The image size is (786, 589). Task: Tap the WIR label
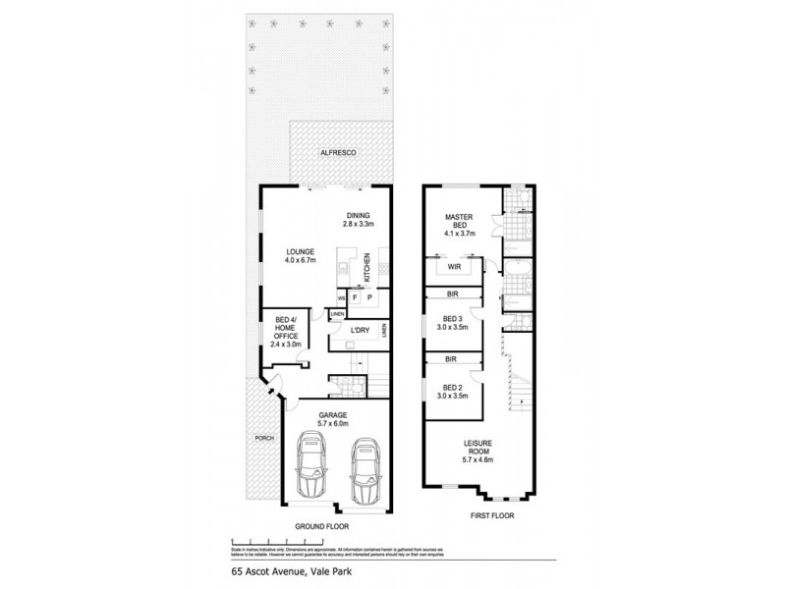[455, 266]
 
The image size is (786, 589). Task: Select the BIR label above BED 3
[452, 294]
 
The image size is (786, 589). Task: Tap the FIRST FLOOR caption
[490, 514]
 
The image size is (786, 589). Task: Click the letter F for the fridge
[355, 297]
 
